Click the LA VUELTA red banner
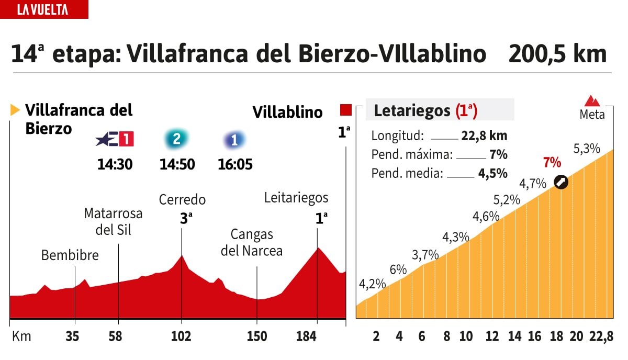tap(44, 9)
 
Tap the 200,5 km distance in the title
tap(557, 54)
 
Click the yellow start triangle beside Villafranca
tap(15, 110)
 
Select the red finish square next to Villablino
tap(345, 110)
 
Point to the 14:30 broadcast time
tap(115, 164)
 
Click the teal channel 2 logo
tap(176, 139)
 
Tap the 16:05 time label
tap(235, 164)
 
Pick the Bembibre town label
tap(70, 255)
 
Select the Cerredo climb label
tap(182, 199)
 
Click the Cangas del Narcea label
tap(252, 242)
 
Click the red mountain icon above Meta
tap(592, 101)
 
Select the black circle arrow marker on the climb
tap(562, 182)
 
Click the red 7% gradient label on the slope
tap(552, 162)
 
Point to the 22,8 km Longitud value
tap(484, 136)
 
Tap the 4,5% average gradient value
tap(492, 174)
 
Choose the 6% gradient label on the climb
tap(398, 269)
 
